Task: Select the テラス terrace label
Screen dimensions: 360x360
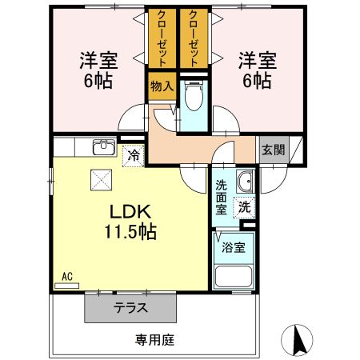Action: pos(129,308)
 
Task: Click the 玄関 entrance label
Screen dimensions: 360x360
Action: pos(272,150)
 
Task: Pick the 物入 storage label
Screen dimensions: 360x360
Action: pos(160,86)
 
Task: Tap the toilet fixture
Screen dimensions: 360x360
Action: pos(193,98)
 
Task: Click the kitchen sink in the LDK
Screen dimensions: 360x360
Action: pos(102,147)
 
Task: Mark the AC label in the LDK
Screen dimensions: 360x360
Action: pos(67,277)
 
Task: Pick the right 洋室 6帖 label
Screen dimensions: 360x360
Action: pos(256,70)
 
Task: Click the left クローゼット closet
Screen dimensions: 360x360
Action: pos(162,39)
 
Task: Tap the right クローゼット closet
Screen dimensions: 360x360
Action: pos(193,39)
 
